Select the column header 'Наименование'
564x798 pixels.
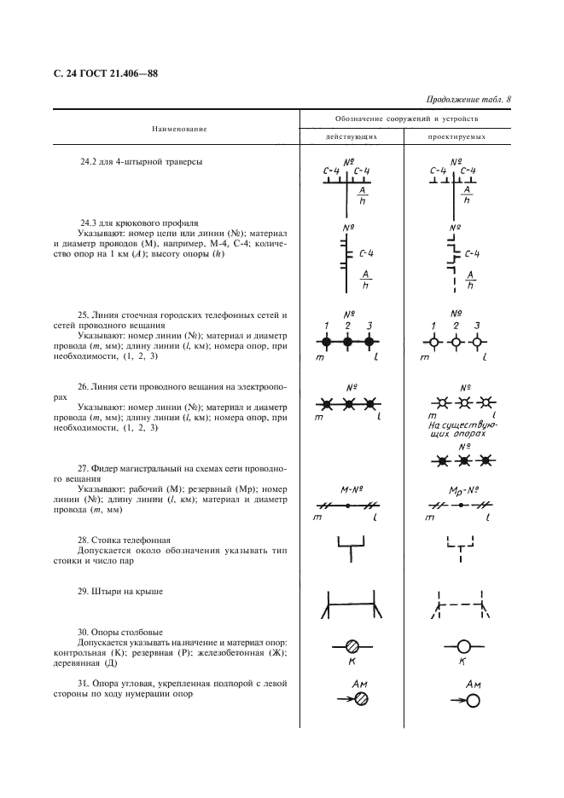tap(179, 128)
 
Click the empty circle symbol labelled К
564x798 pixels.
tap(464, 645)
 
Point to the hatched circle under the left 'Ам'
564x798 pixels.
tap(363, 700)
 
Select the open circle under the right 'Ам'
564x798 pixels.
tap(474, 700)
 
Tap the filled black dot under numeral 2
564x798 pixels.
tap(348, 343)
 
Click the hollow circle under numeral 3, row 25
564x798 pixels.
tap(477, 344)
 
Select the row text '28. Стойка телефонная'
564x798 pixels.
tap(125, 540)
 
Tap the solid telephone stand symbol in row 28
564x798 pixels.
tap(348, 546)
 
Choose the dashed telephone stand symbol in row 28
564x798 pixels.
tap(461, 546)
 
